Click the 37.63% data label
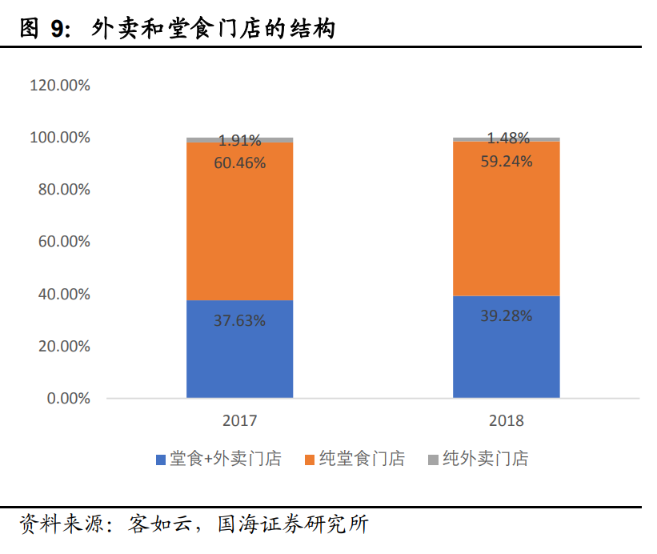(x=239, y=321)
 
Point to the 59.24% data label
(x=506, y=160)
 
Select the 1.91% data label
(x=239, y=141)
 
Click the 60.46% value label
(x=239, y=163)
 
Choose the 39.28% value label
(x=506, y=315)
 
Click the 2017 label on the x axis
(x=239, y=420)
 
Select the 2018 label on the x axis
(x=506, y=420)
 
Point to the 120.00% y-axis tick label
(x=59, y=85)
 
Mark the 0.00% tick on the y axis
(x=67, y=399)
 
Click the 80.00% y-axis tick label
(x=63, y=190)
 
